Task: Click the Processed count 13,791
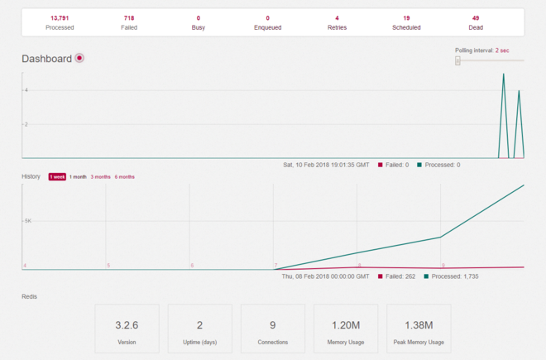click(60, 17)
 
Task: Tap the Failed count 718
click(129, 17)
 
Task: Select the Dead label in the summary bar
click(476, 27)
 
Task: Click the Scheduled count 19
click(406, 17)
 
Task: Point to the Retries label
click(337, 27)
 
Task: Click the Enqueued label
click(267, 27)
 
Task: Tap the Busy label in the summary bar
click(199, 27)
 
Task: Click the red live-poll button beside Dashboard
click(79, 58)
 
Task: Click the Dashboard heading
click(46, 59)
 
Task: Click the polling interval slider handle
click(457, 60)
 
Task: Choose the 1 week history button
click(57, 177)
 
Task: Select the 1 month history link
click(78, 177)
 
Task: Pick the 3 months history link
click(100, 177)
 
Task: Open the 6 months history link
click(124, 177)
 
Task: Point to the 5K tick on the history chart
click(28, 221)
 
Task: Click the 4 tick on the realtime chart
click(26, 89)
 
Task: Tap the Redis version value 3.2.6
click(127, 325)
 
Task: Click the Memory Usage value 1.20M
click(345, 325)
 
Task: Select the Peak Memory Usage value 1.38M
click(418, 325)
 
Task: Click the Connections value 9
click(272, 325)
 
